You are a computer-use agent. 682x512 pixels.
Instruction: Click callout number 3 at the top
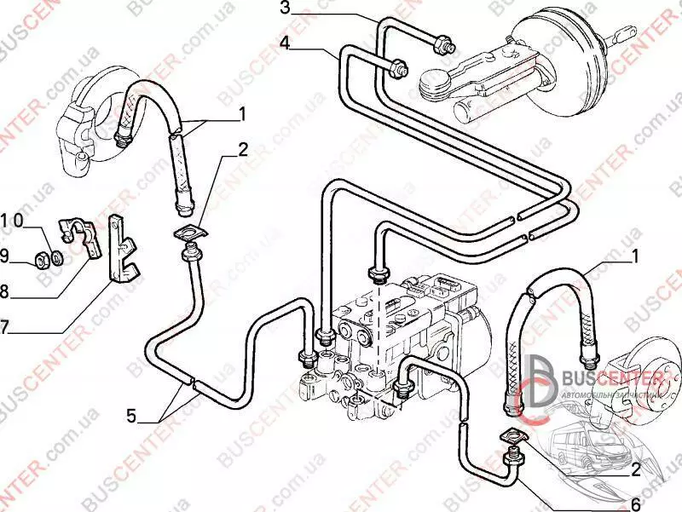pyautogui.click(x=286, y=9)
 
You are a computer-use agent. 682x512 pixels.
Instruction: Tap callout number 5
pyautogui.click(x=131, y=416)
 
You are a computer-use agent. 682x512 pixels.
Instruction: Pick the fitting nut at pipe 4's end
pyautogui.click(x=396, y=68)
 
